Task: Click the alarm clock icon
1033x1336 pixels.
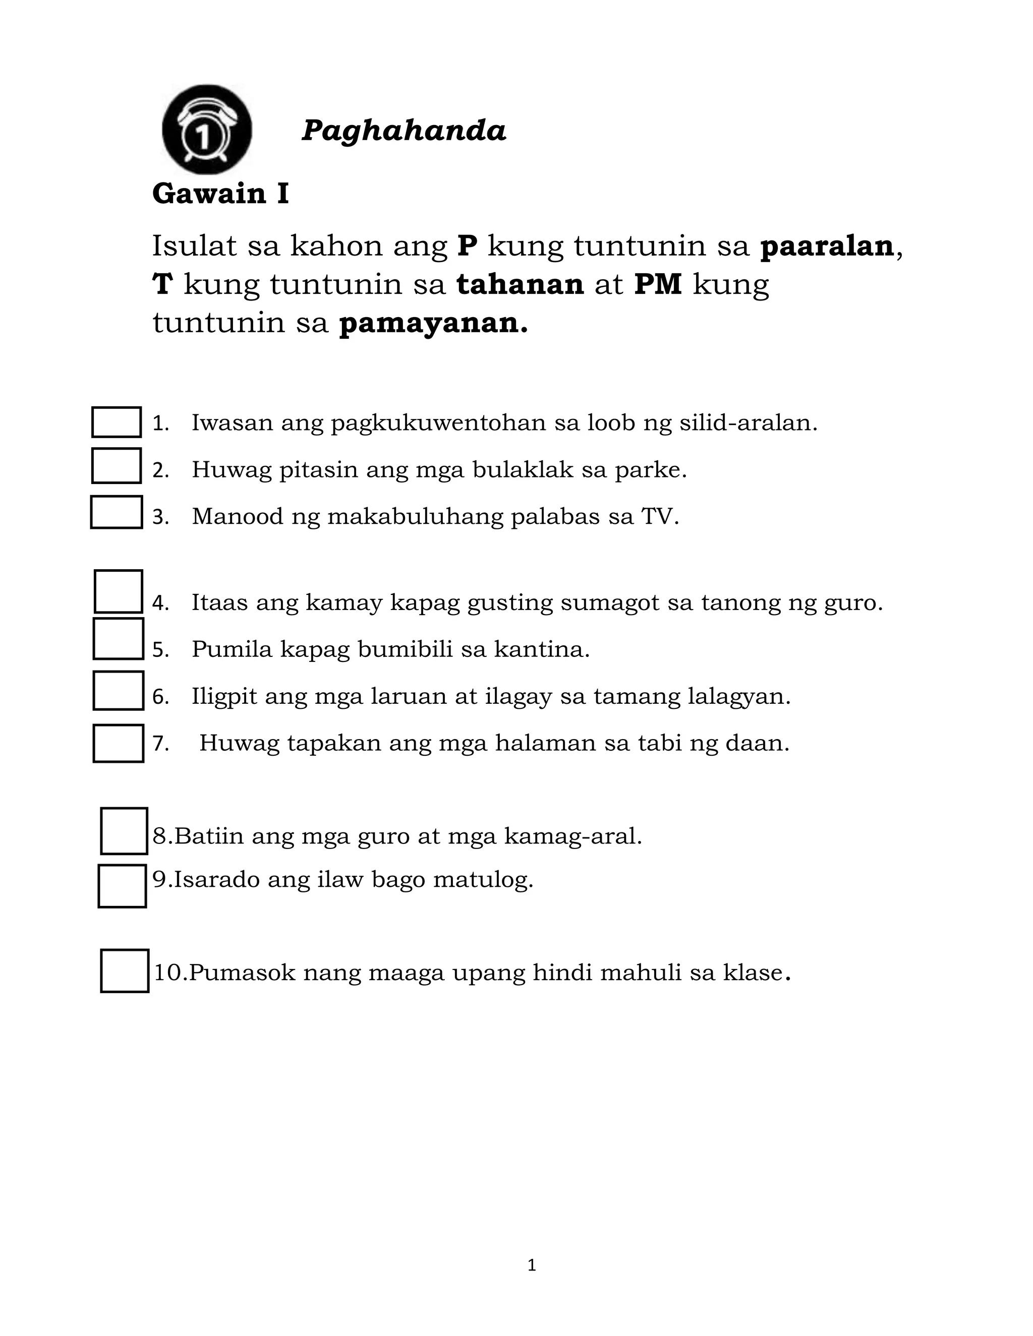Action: pyautogui.click(x=206, y=129)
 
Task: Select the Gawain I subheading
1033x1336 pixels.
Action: pyautogui.click(x=220, y=194)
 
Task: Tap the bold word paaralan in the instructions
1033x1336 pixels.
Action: pyautogui.click(x=827, y=246)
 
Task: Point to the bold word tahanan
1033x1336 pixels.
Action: pyautogui.click(x=520, y=284)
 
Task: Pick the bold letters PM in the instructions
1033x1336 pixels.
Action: pyautogui.click(x=658, y=284)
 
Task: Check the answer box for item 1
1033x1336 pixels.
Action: pyautogui.click(x=117, y=422)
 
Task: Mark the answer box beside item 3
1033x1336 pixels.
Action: pyautogui.click(x=117, y=512)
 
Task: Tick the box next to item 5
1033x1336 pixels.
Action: pyautogui.click(x=118, y=639)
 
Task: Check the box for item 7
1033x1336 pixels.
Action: pyautogui.click(x=118, y=743)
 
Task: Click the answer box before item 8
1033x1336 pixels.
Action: pyautogui.click(x=124, y=831)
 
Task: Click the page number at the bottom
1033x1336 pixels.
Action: pyautogui.click(x=531, y=1265)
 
